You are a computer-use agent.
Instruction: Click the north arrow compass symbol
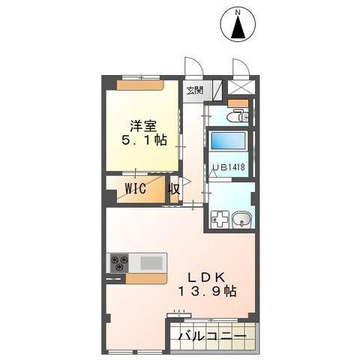pyautogui.click(x=238, y=27)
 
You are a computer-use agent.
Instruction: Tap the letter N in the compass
pyautogui.click(x=238, y=11)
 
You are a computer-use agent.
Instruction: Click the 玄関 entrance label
pyautogui.click(x=194, y=91)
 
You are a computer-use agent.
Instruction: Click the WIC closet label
pyautogui.click(x=136, y=187)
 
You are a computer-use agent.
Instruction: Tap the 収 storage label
pyautogui.click(x=173, y=188)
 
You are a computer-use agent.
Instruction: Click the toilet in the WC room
pyautogui.click(x=238, y=116)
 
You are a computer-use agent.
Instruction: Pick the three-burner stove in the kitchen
pyautogui.click(x=119, y=262)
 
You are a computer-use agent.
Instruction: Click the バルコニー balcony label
pyautogui.click(x=211, y=336)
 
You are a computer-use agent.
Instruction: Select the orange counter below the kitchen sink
pyautogui.click(x=146, y=279)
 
